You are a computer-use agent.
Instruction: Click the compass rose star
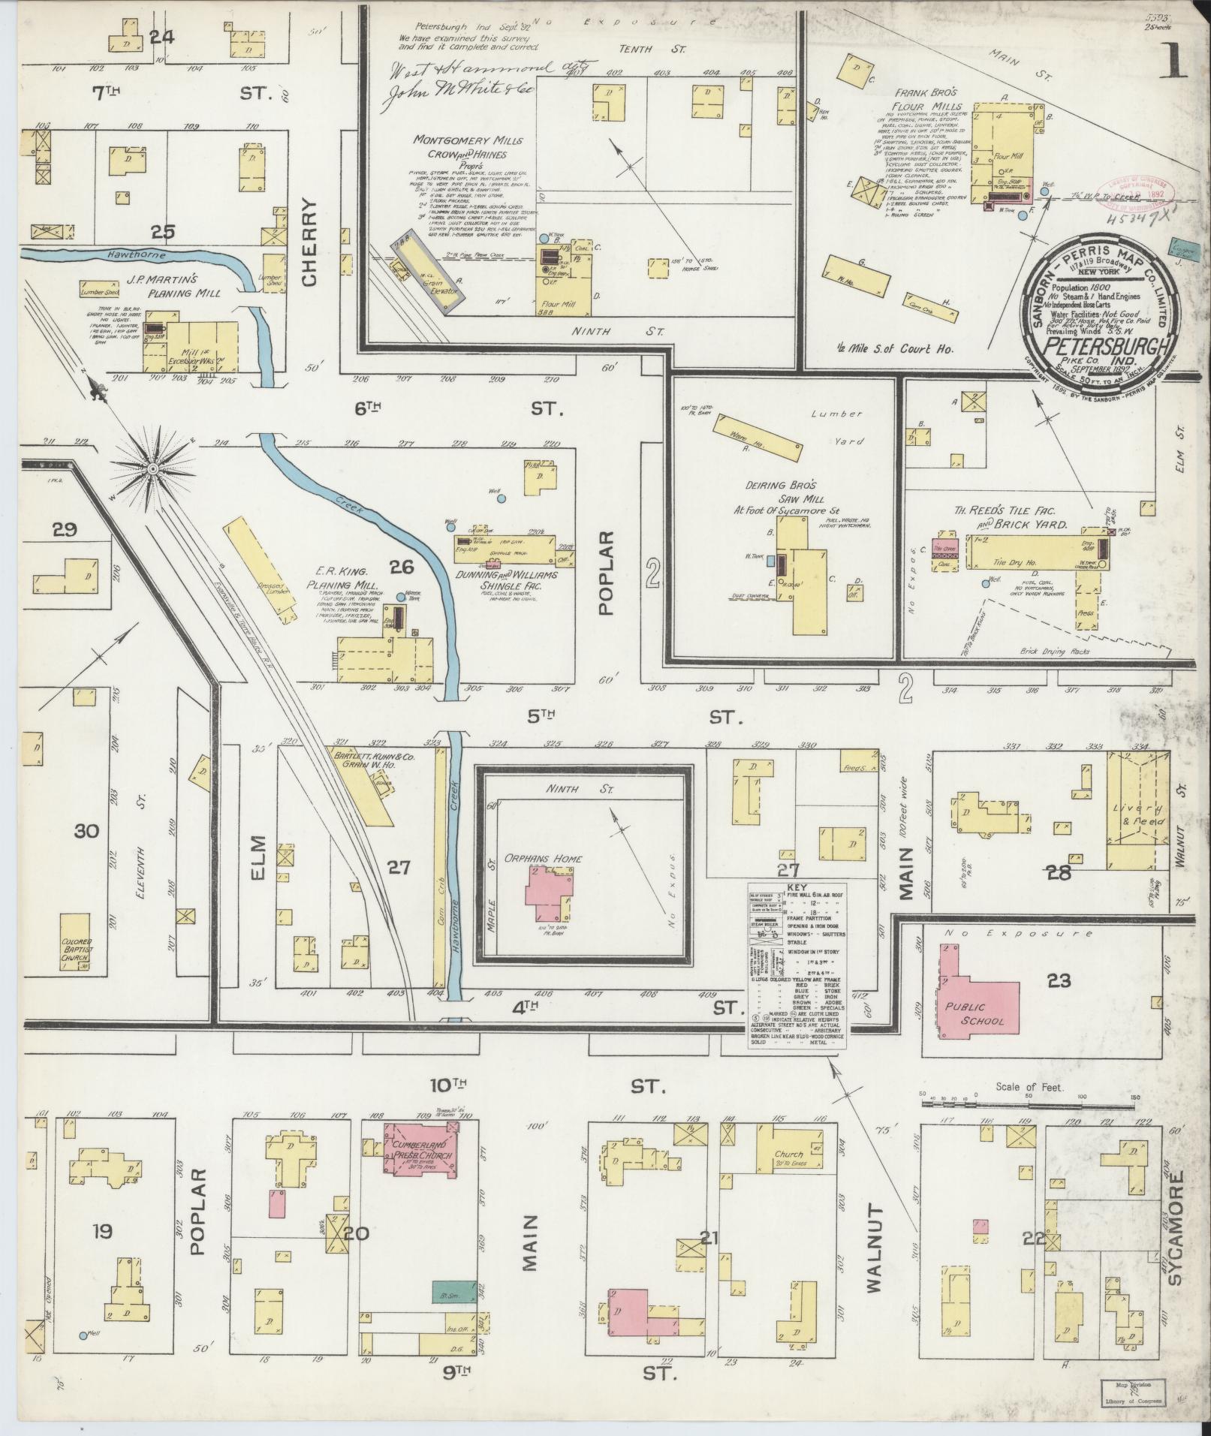152,468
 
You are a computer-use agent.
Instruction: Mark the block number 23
1059,980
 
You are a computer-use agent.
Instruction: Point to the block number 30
87,831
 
